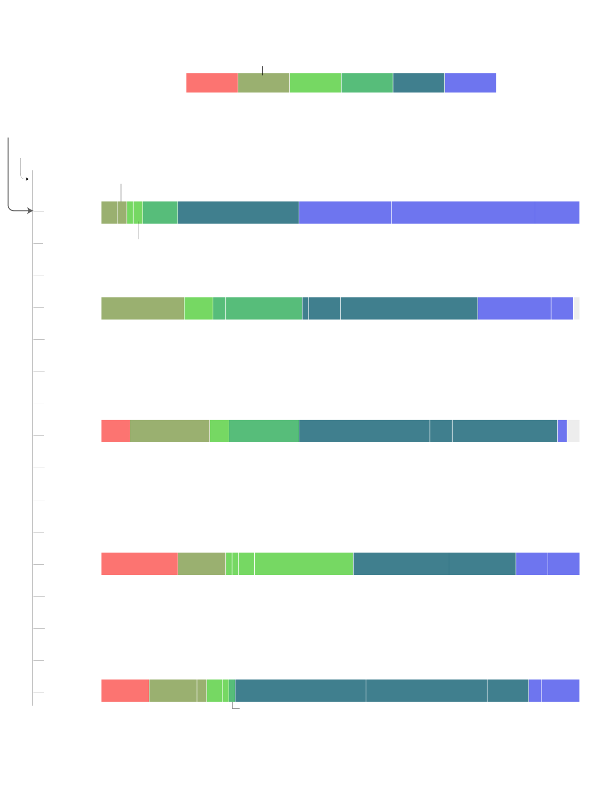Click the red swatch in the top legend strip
(x=212, y=83)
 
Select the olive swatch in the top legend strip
(x=264, y=83)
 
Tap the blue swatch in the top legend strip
(x=470, y=83)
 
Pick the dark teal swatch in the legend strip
(x=418, y=83)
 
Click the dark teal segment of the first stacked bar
(x=238, y=212)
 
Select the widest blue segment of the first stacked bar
(x=463, y=212)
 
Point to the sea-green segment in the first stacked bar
(x=160, y=212)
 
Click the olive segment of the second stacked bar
(x=143, y=309)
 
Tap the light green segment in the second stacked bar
(x=198, y=309)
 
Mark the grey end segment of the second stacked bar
(x=577, y=309)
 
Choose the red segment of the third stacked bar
(x=115, y=431)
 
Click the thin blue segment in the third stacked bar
(x=562, y=431)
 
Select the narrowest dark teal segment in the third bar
(x=441, y=431)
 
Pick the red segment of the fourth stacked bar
(x=139, y=564)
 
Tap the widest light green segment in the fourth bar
(x=304, y=564)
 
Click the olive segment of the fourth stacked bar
(x=202, y=564)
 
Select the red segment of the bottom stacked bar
(x=125, y=691)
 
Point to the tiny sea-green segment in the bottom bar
(x=232, y=691)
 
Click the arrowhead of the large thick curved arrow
(x=31, y=211)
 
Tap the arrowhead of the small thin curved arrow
(x=27, y=179)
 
